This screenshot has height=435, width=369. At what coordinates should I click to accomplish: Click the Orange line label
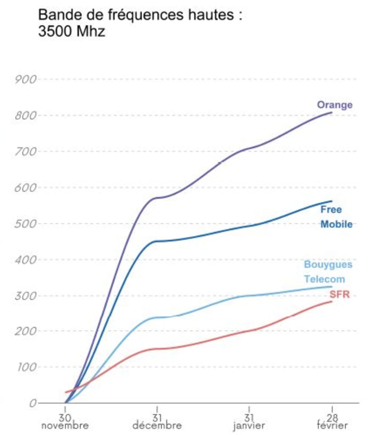(x=335, y=105)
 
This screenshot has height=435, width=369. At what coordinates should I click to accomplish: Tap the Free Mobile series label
(x=336, y=217)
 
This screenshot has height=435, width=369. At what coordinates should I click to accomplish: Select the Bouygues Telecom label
(x=328, y=272)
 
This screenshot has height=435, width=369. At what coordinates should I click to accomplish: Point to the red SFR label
(x=339, y=294)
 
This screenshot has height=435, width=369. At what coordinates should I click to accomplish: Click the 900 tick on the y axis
(x=25, y=79)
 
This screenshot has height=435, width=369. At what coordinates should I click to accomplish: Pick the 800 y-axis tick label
(x=25, y=115)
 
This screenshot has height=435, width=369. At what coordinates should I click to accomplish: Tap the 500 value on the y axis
(x=25, y=224)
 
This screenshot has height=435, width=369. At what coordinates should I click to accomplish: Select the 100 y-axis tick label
(x=25, y=367)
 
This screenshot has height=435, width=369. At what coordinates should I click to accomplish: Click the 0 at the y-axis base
(x=33, y=403)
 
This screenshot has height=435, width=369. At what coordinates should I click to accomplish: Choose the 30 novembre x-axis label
(x=65, y=421)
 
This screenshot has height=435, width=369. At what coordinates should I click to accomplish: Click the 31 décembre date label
(x=157, y=421)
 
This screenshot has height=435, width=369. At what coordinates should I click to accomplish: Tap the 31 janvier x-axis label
(x=249, y=421)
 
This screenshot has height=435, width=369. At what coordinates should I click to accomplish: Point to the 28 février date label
(x=332, y=421)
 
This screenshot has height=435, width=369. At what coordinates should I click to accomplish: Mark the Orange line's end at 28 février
(x=332, y=113)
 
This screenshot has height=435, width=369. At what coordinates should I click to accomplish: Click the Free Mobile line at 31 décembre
(x=157, y=241)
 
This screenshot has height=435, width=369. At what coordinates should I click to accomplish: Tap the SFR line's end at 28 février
(x=332, y=301)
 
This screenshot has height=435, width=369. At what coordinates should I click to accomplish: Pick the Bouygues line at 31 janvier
(x=249, y=296)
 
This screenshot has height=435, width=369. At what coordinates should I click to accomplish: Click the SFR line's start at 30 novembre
(x=66, y=392)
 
